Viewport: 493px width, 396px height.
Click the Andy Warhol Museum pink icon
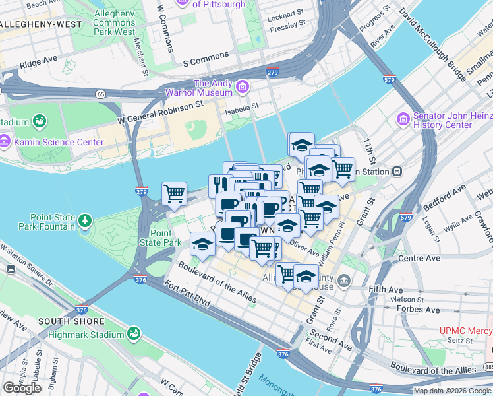click(x=242, y=87)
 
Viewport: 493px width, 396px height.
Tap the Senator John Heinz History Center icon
click(x=403, y=119)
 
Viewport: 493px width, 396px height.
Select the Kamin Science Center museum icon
click(x=5, y=141)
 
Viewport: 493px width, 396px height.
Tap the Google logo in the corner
click(x=22, y=388)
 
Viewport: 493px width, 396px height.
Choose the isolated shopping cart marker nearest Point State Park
click(x=174, y=194)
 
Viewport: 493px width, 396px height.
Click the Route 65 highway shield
click(x=100, y=94)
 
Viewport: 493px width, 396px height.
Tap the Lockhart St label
click(x=286, y=12)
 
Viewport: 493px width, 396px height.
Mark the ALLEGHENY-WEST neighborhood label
click(x=42, y=24)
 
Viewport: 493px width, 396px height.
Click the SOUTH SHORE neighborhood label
click(x=71, y=321)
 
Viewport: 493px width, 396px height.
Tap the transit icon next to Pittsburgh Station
click(x=397, y=171)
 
